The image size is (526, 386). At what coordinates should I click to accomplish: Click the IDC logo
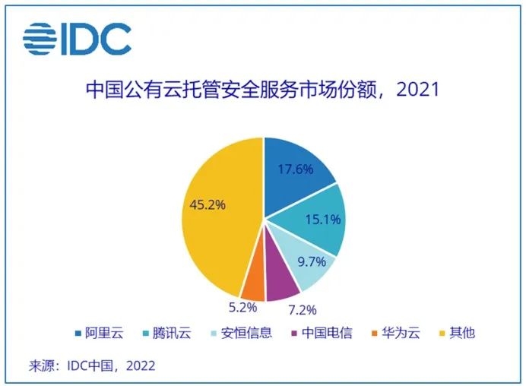pyautogui.click(x=77, y=39)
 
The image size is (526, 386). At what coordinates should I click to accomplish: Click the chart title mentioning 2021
pyautogui.click(x=262, y=90)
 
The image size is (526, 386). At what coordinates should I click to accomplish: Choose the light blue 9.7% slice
pyautogui.click(x=300, y=262)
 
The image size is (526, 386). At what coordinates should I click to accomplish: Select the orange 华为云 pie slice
pyautogui.click(x=253, y=284)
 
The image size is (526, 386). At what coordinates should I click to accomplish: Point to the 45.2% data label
pyautogui.click(x=204, y=204)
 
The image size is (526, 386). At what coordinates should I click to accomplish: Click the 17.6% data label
pyautogui.click(x=296, y=169)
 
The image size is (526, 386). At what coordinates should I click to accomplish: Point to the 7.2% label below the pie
pyautogui.click(x=301, y=309)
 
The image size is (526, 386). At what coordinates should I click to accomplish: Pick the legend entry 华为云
pyautogui.click(x=396, y=333)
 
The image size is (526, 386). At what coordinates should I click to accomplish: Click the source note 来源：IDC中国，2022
pyautogui.click(x=92, y=365)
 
